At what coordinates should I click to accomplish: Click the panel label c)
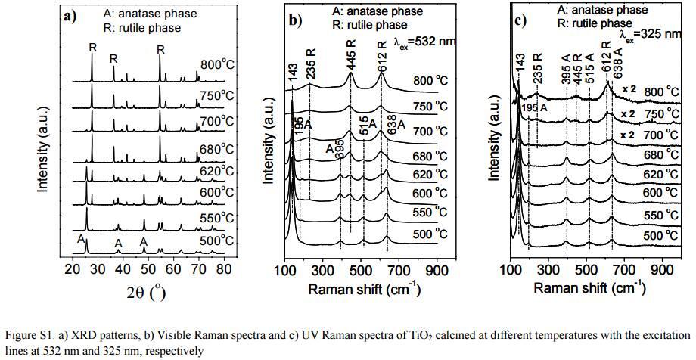point(520,20)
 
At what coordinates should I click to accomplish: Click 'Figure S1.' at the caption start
point(30,334)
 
